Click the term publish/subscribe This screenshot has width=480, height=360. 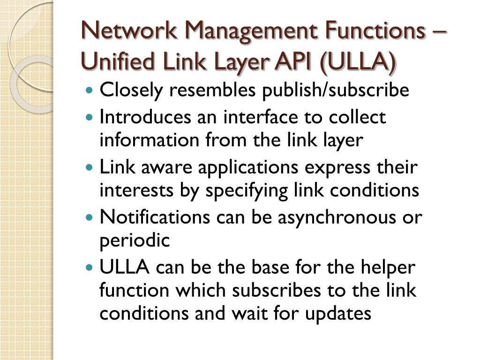pyautogui.click(x=335, y=90)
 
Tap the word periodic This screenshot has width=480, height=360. pyautogui.click(x=134, y=240)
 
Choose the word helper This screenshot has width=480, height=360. pyautogui.click(x=390, y=268)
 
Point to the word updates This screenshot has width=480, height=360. pyautogui.click(x=338, y=313)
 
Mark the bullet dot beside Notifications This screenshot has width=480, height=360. pyautogui.click(x=90, y=218)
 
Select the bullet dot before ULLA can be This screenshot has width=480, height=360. pyautogui.click(x=90, y=268)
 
